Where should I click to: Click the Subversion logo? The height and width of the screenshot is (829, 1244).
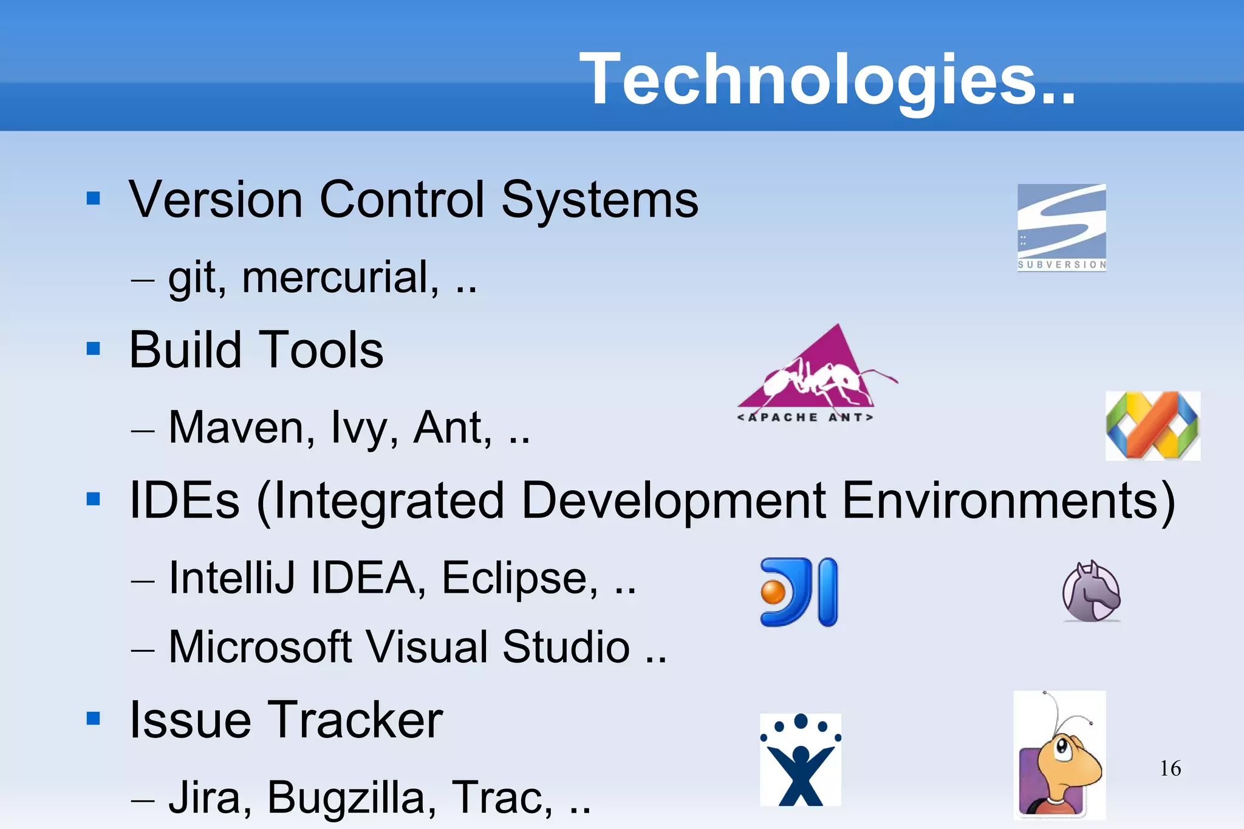[1062, 227]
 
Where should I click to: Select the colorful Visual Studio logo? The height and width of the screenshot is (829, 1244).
[1152, 426]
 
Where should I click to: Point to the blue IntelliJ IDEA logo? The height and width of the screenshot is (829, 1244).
[799, 592]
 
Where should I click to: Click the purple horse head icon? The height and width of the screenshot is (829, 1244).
[1092, 591]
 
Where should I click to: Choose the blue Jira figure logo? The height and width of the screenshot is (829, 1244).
[801, 760]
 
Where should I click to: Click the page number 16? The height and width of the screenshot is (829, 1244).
[1170, 768]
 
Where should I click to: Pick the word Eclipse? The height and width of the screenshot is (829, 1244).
[519, 578]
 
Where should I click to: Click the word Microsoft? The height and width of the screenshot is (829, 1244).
[260, 647]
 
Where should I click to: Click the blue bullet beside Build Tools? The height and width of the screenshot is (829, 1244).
[94, 349]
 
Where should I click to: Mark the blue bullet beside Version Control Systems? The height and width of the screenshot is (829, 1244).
[94, 199]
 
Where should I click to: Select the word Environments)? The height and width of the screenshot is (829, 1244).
[1008, 501]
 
